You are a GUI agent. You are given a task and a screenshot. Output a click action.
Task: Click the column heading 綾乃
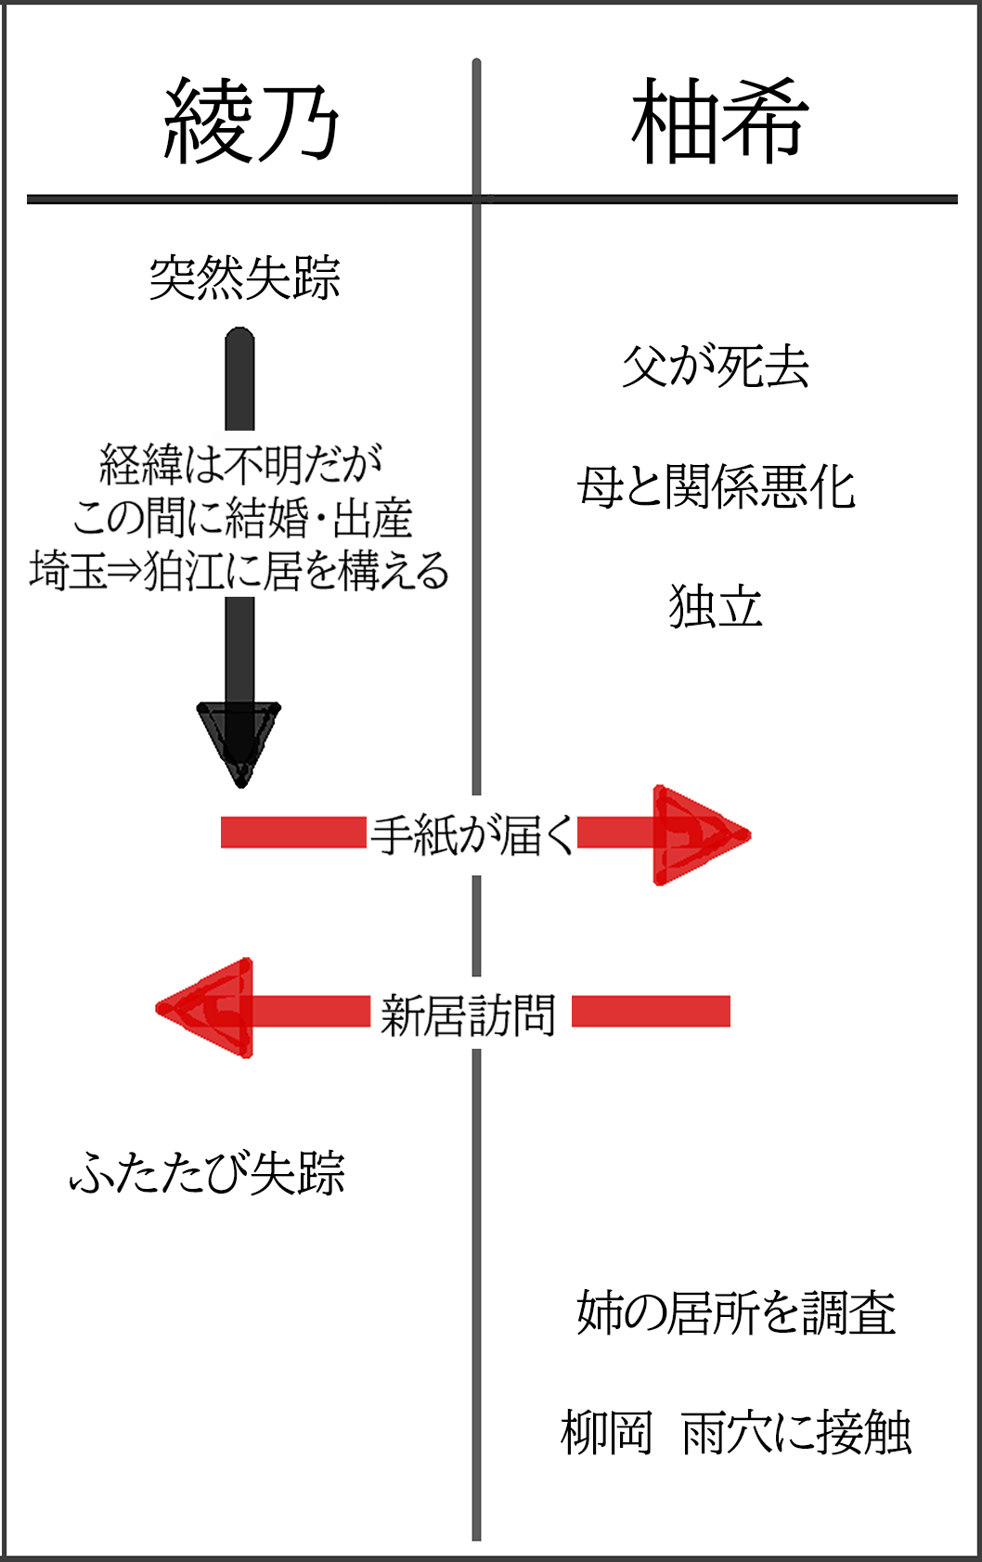pos(252,122)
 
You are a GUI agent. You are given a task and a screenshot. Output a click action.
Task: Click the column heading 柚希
pos(719,122)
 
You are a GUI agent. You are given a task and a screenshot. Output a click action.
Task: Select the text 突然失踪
pos(245,278)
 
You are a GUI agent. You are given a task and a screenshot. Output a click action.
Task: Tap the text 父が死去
pos(716,367)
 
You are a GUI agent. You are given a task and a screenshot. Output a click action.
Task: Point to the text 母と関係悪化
pos(716,487)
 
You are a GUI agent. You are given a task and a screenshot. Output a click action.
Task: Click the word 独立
pos(716,607)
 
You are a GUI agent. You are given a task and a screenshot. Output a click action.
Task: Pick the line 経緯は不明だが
pos(240,464)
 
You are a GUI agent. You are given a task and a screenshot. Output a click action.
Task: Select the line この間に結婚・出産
pos(242,518)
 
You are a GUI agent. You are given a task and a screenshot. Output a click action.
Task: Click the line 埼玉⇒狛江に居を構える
pos(239,571)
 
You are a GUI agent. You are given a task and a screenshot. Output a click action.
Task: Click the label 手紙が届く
pos(472,835)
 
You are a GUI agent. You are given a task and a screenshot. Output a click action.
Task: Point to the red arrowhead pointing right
pos(696,834)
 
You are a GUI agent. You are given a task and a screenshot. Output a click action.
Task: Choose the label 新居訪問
pos(469,1014)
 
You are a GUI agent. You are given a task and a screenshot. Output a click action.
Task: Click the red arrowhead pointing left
pos(209,1009)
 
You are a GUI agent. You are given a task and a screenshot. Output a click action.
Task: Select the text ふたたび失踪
pos(208,1173)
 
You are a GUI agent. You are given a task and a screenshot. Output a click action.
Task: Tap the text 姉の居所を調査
pos(736,1313)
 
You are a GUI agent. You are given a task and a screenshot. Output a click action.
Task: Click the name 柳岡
pos(606,1433)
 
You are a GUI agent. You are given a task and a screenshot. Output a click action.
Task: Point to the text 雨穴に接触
pos(796,1433)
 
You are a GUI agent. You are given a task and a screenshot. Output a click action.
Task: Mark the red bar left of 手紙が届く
pos(293,833)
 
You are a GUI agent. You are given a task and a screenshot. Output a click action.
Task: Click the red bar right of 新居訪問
pos(651,1011)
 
